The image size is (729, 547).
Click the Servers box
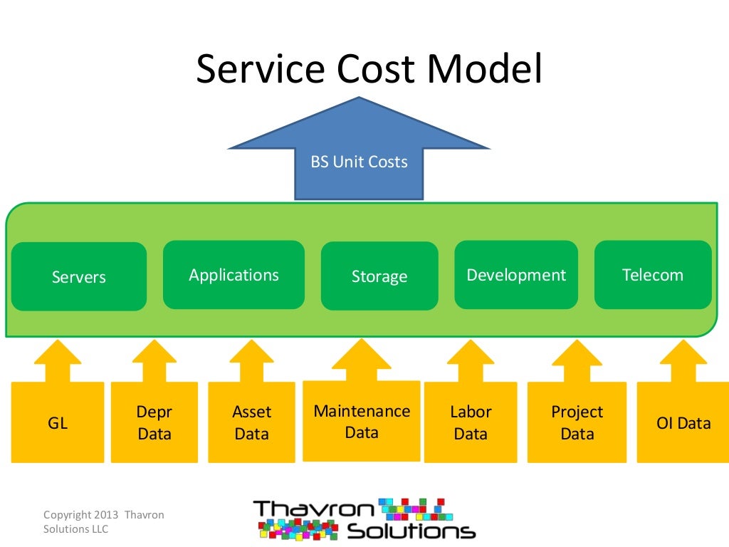pos(78,277)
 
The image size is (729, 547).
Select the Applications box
pos(234,275)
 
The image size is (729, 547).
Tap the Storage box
pos(379,276)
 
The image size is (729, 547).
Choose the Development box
pos(516,275)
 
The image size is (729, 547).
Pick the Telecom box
pos(652,275)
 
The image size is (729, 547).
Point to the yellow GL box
pos(58,423)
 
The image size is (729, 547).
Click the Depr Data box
pos(154,423)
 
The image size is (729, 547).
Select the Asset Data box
pos(251,423)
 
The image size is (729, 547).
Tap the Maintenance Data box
pos(362,422)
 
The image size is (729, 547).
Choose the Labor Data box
pos(471,423)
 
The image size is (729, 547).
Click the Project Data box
pos(577,423)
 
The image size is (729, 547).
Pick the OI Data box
pos(683,423)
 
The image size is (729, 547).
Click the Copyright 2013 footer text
pos(103,515)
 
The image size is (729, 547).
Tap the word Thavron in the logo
pos(312,509)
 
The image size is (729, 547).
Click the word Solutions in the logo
pos(411,531)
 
